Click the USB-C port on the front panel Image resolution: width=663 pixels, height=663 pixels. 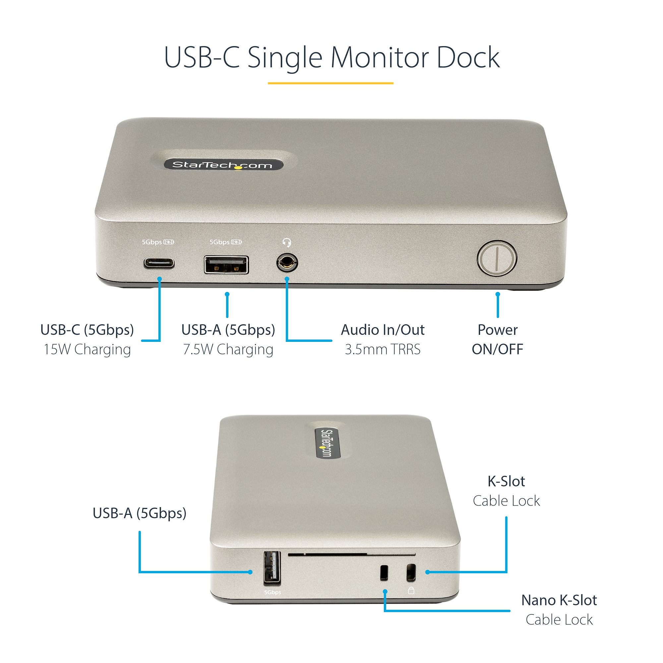pyautogui.click(x=159, y=264)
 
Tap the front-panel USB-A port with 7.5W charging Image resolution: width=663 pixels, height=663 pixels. pyautogui.click(x=226, y=265)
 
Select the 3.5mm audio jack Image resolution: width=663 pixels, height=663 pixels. pyautogui.click(x=287, y=263)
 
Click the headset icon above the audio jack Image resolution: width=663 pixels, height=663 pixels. pyautogui.click(x=287, y=243)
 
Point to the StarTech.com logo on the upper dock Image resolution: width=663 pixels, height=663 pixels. pyautogui.click(x=223, y=165)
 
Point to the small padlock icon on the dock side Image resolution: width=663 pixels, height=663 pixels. pyautogui.click(x=411, y=590)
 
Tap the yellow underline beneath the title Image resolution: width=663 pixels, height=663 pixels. pyautogui.click(x=331, y=83)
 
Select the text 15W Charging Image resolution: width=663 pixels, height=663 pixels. pyautogui.click(x=87, y=349)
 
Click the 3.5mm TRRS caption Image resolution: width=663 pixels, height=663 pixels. pyautogui.click(x=382, y=349)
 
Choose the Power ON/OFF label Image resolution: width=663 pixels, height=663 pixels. pyautogui.click(x=497, y=339)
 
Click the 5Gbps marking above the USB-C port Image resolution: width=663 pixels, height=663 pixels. pyautogui.click(x=152, y=242)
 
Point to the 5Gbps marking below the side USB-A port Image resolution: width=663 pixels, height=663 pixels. pyautogui.click(x=272, y=592)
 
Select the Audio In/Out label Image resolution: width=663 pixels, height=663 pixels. pyautogui.click(x=382, y=330)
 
